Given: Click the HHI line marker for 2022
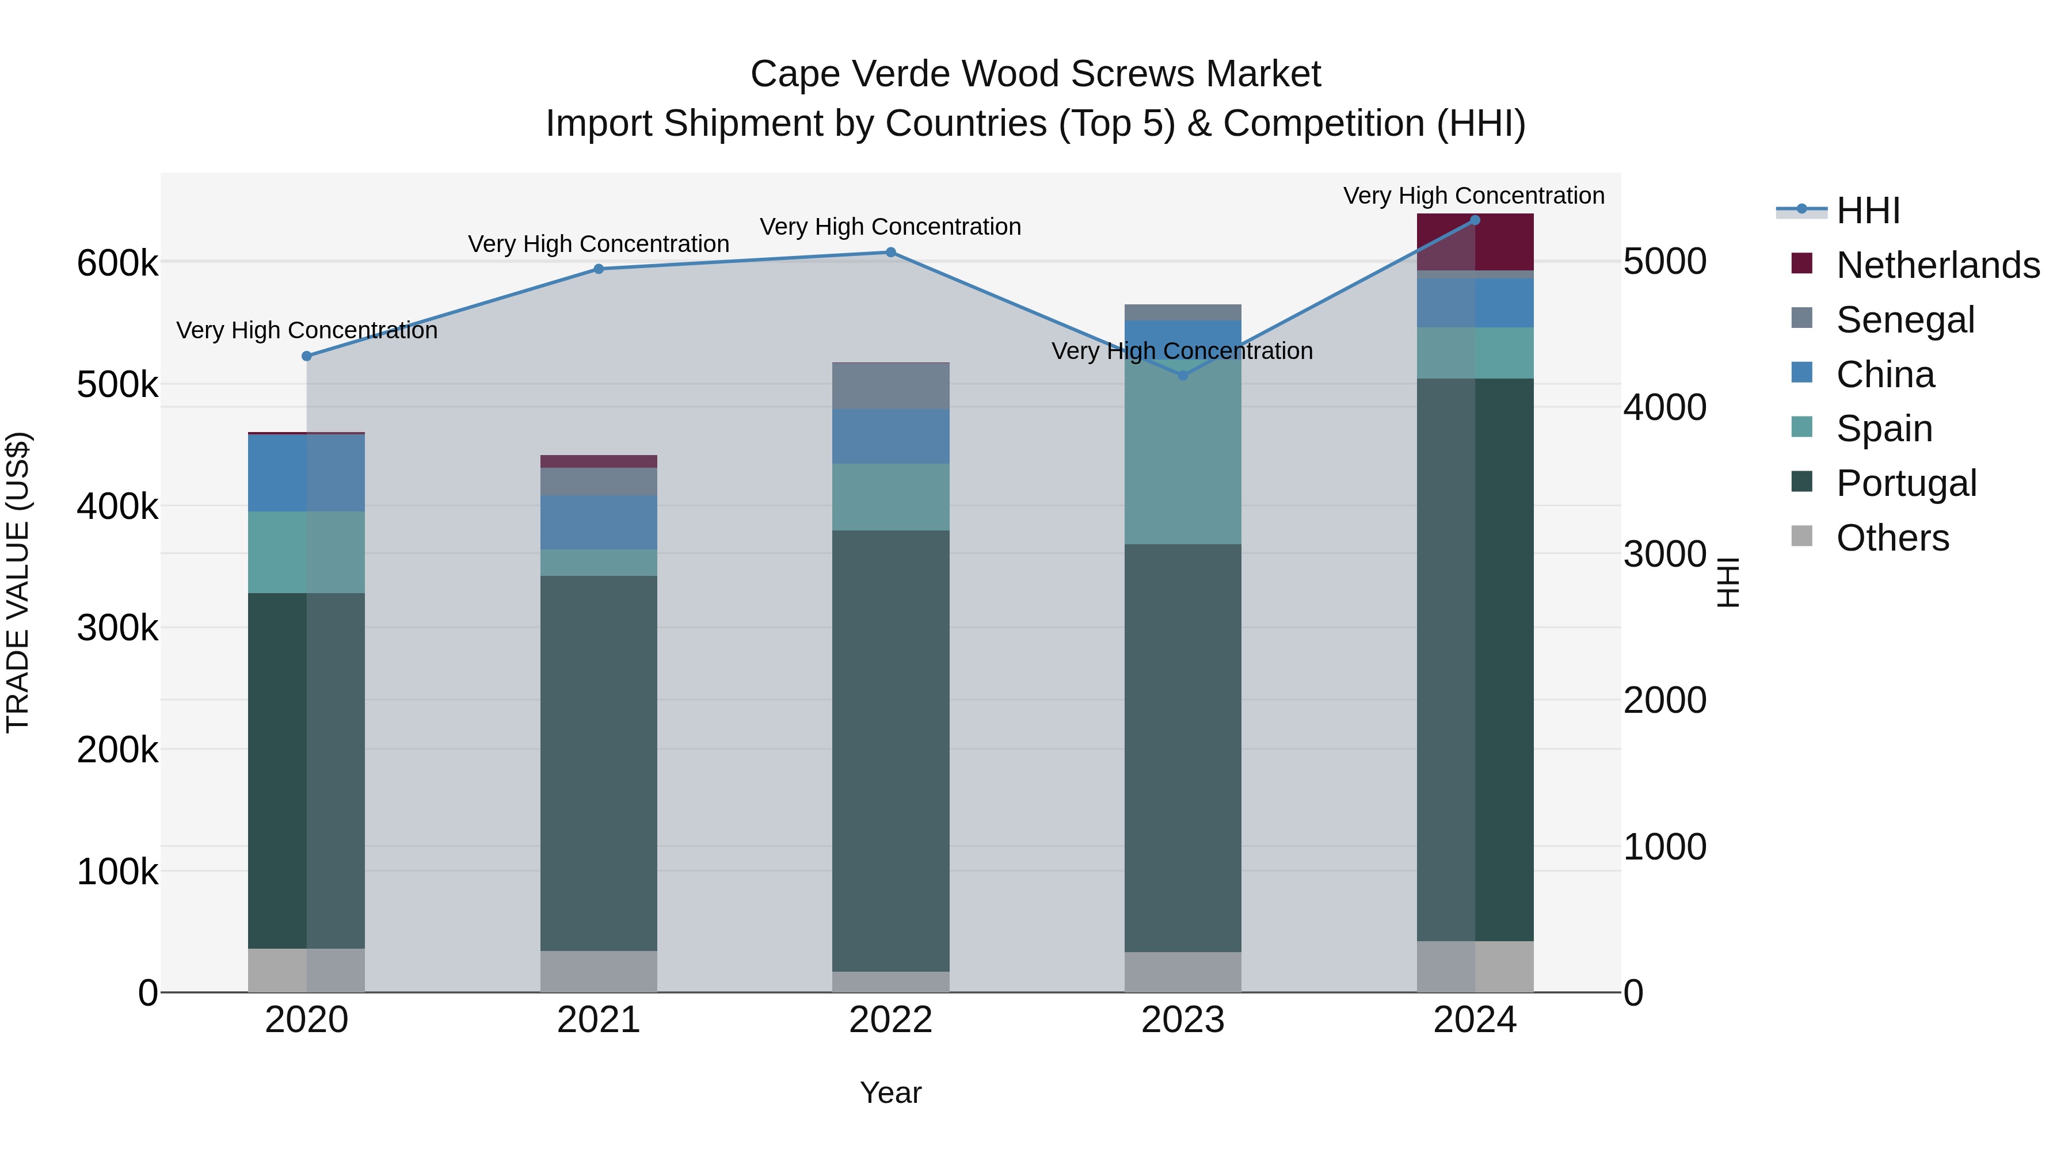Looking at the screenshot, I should (890, 253).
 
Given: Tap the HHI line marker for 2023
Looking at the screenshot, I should (1182, 376).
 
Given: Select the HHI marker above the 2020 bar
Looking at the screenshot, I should (306, 356).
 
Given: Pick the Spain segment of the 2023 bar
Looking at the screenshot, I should (1182, 459).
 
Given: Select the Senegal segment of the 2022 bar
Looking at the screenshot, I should (890, 386).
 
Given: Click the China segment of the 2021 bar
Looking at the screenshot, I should (599, 522).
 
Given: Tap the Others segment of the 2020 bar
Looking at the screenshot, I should (306, 971).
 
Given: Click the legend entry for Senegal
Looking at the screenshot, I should (1905, 320).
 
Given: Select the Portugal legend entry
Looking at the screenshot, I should (1906, 483).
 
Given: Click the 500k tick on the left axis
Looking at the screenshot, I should (117, 385).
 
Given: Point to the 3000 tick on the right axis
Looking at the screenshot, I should (1664, 554).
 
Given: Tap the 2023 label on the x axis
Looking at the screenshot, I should (1182, 1020).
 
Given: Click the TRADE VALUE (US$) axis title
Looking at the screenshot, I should (18, 583).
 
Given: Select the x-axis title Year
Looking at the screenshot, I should (890, 1093).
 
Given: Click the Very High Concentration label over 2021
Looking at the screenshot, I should (599, 243).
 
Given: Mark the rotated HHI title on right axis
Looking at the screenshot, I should (1727, 583).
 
